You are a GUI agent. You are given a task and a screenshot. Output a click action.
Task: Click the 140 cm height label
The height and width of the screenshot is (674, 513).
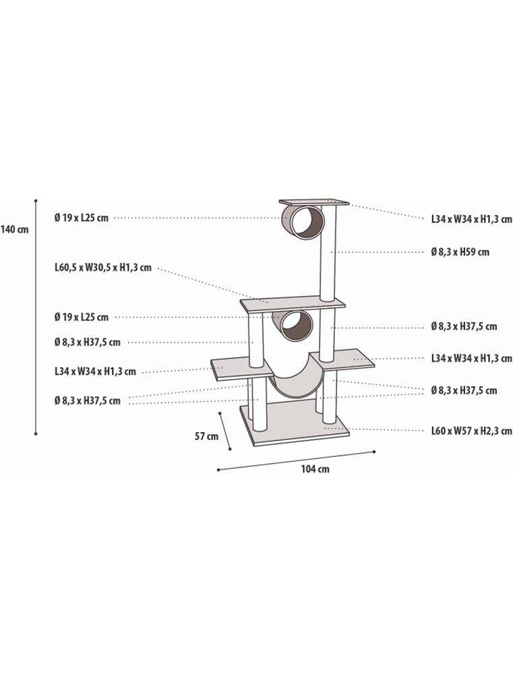tap(15, 229)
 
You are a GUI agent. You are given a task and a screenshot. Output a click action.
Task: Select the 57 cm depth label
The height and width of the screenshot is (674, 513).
tap(206, 436)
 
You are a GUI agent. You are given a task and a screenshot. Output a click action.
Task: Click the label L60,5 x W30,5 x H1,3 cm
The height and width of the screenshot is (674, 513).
tap(103, 268)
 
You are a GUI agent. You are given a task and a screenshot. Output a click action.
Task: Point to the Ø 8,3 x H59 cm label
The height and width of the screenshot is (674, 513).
tap(460, 252)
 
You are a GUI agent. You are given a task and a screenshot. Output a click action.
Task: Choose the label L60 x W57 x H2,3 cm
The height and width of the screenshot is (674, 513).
tap(471, 431)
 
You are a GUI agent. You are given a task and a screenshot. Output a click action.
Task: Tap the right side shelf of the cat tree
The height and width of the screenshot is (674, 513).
tap(351, 359)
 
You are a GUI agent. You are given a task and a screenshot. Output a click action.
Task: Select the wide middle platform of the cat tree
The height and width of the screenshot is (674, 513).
tap(293, 305)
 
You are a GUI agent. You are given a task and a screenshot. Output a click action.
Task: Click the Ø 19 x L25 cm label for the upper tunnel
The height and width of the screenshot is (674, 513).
tap(81, 218)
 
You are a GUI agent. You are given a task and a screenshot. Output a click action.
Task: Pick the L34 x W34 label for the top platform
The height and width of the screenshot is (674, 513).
tap(471, 219)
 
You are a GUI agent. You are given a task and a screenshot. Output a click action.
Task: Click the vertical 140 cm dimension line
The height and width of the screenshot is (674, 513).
tap(36, 317)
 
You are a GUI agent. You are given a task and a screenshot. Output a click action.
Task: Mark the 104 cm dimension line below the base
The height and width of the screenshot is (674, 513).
tap(296, 460)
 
